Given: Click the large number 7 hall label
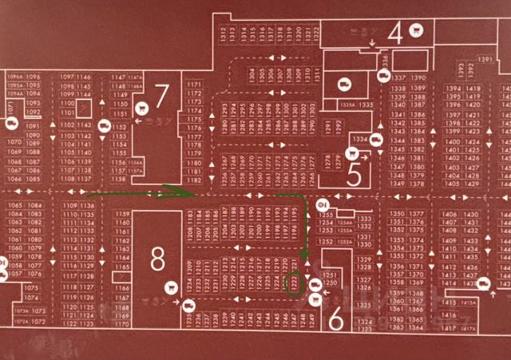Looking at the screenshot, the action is (162, 97).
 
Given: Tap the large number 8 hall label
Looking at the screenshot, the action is (157, 259).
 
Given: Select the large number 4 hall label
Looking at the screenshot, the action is (394, 33).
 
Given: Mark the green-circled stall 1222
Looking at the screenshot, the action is (295, 283).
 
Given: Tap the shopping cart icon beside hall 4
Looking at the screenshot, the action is (415, 30).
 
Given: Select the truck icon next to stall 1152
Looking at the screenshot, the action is (104, 125).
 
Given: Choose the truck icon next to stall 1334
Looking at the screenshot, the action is (376, 140).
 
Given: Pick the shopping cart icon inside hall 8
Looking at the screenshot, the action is (170, 287).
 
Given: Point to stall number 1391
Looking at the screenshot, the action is (485, 60).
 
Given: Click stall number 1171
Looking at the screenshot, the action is (192, 84).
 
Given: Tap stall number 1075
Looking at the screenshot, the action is (33, 288).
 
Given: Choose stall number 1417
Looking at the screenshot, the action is (468, 328).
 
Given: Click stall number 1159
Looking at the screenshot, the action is (122, 214).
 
